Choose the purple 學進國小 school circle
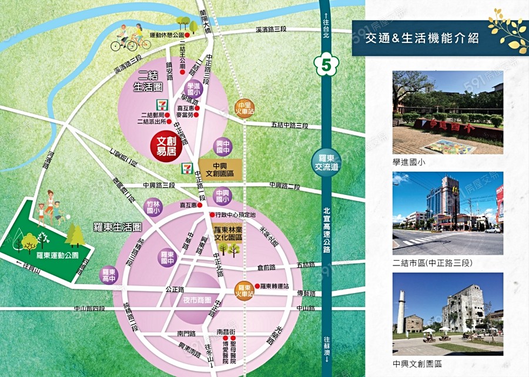click(194, 90)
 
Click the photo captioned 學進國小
click(447, 112)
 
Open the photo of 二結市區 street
click(447, 213)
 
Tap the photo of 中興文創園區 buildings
click(447, 314)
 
